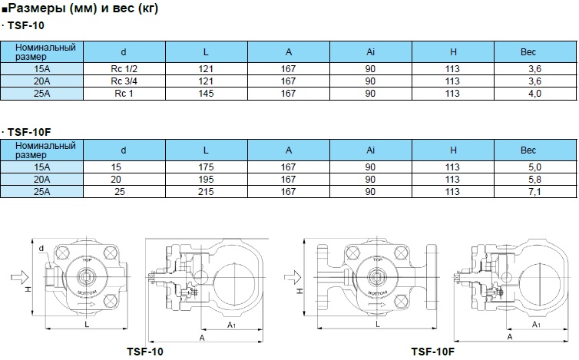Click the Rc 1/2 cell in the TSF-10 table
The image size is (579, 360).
124,69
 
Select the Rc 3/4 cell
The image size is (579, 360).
124,81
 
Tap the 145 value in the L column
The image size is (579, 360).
206,94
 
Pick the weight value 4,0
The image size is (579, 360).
534,94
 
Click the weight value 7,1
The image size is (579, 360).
534,192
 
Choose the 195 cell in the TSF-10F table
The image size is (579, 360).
206,180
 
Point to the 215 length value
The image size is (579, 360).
206,192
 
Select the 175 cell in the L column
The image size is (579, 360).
206,167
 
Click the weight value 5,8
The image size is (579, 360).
534,180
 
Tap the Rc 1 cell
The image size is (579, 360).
124,94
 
